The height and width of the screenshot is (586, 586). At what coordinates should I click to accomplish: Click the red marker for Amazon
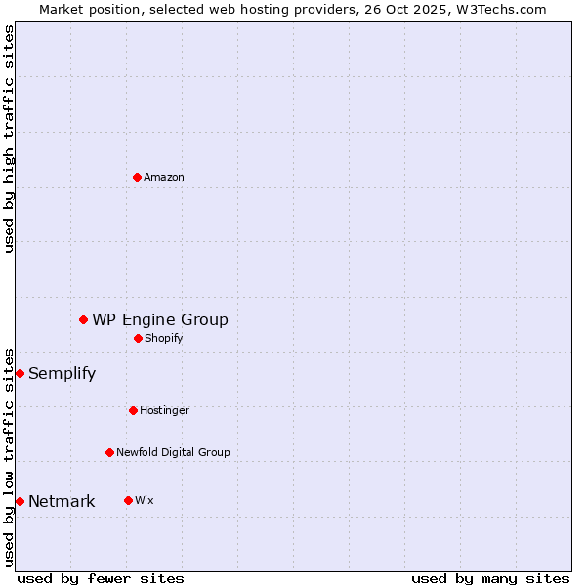[137, 177]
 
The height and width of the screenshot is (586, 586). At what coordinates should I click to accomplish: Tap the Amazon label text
[164, 177]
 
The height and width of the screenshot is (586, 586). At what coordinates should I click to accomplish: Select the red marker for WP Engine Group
[84, 319]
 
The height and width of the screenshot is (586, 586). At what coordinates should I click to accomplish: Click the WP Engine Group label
[160, 319]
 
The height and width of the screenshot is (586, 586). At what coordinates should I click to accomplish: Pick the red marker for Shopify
[138, 338]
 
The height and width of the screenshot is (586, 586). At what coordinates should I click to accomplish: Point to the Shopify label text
[164, 338]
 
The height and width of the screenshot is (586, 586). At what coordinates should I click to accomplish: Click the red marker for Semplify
[20, 373]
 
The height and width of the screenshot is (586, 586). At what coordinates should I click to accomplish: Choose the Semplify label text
[62, 373]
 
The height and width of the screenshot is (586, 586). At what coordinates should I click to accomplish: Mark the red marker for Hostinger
[133, 410]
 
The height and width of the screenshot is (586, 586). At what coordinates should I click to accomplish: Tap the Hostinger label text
[164, 410]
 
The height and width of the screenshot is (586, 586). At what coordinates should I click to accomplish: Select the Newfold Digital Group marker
[109, 452]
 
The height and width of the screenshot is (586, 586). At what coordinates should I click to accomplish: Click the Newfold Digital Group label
[173, 452]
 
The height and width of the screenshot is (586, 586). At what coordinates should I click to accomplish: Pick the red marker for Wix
[128, 500]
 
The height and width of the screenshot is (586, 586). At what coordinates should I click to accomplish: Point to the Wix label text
[145, 500]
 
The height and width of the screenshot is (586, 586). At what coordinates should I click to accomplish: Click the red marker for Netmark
[20, 501]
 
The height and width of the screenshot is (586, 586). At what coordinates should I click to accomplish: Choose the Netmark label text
[62, 502]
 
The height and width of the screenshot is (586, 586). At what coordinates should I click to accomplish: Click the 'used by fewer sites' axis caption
[101, 578]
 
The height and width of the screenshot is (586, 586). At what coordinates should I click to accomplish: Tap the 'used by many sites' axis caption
[490, 578]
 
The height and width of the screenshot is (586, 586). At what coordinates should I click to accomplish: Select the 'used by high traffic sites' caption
[9, 139]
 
